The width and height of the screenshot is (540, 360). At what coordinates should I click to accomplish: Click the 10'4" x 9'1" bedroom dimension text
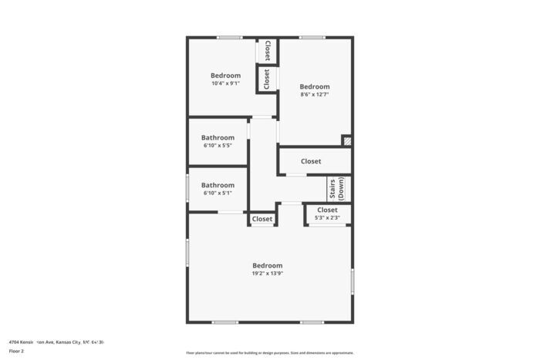point(225,83)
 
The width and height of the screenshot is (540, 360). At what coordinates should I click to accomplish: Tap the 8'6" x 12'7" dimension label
point(314,95)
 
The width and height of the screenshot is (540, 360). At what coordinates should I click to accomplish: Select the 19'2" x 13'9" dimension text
point(267,273)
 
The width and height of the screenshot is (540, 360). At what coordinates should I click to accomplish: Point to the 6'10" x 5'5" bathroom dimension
point(218,145)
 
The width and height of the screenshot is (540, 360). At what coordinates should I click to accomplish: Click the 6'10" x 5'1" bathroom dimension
point(218,193)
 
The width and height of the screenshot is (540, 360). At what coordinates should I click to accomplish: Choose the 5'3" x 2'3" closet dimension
point(326,218)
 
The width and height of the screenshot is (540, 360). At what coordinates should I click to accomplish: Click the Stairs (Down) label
point(336,189)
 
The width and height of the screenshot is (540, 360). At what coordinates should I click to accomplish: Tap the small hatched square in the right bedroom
point(347,141)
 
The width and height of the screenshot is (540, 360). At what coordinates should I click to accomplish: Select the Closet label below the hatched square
point(311,161)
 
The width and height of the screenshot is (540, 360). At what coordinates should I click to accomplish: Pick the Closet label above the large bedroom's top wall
point(262,219)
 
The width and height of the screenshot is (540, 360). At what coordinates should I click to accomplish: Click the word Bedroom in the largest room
point(267,265)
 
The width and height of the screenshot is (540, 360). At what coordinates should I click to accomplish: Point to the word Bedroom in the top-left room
point(225,76)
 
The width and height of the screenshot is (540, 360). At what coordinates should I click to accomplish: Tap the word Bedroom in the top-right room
point(314,86)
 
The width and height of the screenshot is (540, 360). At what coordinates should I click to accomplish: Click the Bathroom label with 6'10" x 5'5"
point(218,137)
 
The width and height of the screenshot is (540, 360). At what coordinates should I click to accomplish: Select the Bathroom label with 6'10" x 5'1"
point(218,185)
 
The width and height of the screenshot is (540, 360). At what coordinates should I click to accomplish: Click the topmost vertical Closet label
point(267,51)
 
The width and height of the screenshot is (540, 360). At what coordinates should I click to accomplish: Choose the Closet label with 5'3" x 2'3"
point(326,210)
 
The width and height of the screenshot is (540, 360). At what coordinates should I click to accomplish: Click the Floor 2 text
point(16,351)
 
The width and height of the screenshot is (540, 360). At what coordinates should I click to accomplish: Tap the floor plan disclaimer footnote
point(269,352)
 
